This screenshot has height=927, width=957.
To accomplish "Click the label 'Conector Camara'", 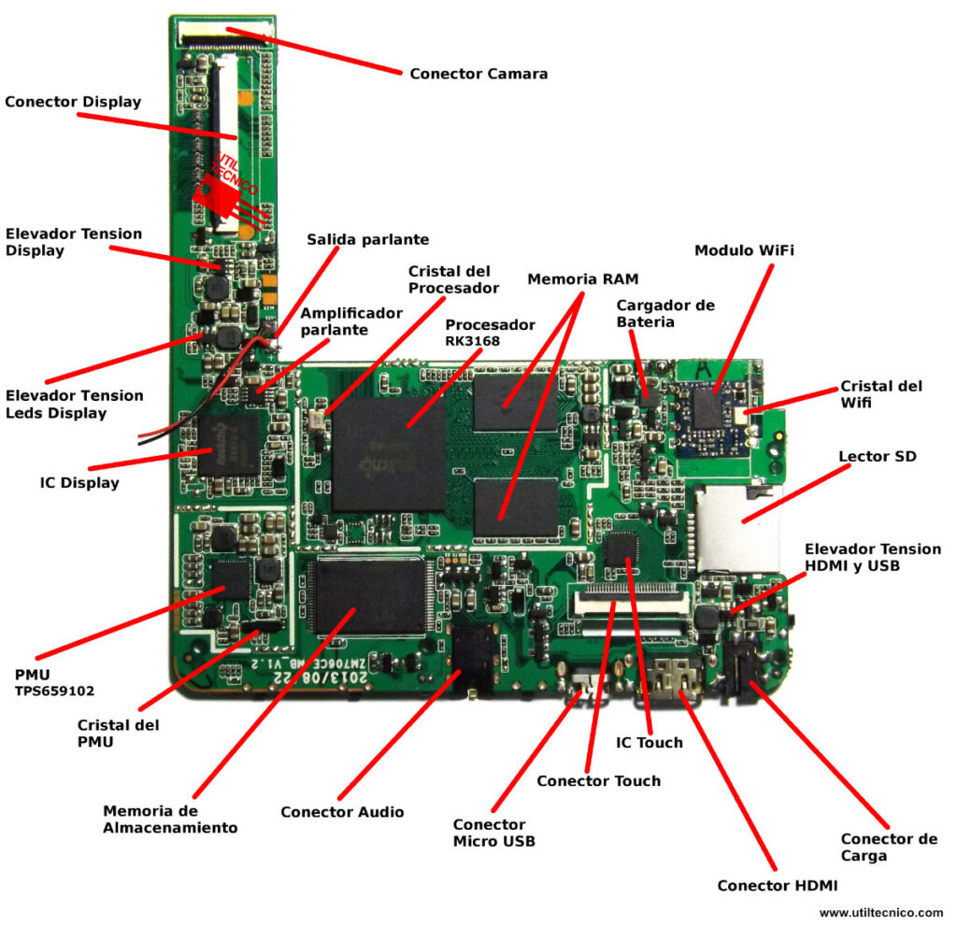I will tap(478, 73).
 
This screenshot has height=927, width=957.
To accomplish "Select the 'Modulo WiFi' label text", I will tap(744, 250).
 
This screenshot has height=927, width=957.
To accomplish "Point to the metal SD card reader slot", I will tap(739, 528).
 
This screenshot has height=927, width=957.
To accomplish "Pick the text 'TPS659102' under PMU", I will tap(54, 692).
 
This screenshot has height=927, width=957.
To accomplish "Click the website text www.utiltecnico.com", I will tap(881, 912).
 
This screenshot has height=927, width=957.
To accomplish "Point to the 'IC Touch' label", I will tap(650, 743).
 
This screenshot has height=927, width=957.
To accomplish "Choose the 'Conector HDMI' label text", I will tap(777, 885).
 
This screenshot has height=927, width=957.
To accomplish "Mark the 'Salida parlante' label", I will tap(368, 239).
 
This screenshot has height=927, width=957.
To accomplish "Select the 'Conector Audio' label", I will tap(342, 812).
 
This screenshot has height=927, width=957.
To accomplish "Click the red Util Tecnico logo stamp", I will tap(224, 191).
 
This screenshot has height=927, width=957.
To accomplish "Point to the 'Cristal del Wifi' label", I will tap(880, 393).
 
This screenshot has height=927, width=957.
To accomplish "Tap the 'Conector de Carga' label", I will tap(888, 847).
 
